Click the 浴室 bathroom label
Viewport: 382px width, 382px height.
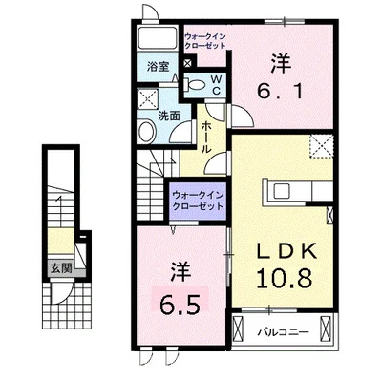click(x=158, y=67)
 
